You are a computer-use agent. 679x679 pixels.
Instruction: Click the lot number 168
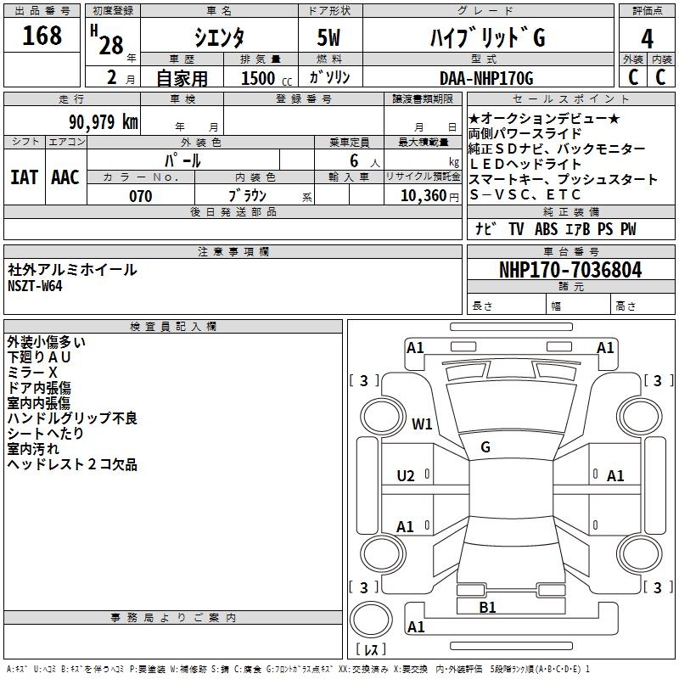pos(42,36)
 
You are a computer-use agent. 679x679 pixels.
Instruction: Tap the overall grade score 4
pos(648,38)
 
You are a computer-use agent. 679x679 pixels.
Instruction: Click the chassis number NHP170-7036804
pos(570,270)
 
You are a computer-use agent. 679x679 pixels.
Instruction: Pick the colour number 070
pos(141,196)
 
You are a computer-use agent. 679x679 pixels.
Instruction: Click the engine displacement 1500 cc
pos(262,78)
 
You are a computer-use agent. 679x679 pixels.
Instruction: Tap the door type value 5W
pos(329,38)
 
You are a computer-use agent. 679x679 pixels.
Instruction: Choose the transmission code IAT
pos(25,177)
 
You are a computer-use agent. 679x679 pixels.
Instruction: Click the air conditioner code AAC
pos(65,177)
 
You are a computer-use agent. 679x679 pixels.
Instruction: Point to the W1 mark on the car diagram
pos(423,424)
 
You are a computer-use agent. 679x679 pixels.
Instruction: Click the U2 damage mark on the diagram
pos(406,476)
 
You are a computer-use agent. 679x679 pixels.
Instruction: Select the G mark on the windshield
pos(485,447)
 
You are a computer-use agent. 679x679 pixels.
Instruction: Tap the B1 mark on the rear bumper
pos(487,607)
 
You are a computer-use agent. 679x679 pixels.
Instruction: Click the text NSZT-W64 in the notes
pos(35,285)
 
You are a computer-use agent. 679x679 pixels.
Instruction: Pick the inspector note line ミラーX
pos(32,373)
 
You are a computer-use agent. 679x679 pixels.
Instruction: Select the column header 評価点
pos(648,11)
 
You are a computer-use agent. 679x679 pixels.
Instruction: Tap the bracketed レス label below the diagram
pos(370,649)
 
